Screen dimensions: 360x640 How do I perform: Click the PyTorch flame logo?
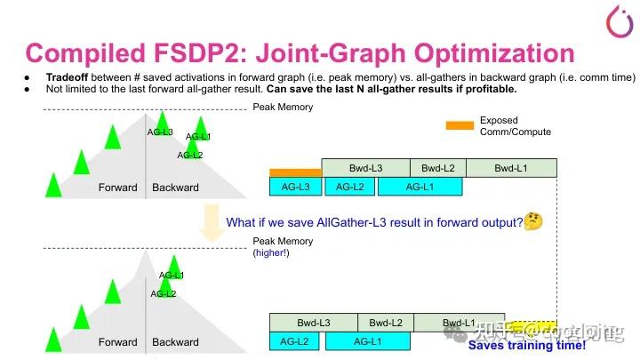[618, 20]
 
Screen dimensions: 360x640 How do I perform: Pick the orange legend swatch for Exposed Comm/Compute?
[460, 125]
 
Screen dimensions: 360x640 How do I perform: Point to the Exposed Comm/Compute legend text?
[515, 126]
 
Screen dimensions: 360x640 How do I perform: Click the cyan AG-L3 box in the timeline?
[295, 187]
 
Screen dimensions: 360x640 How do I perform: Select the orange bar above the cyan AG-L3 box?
[295, 172]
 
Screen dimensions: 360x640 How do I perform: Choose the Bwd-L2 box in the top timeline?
[437, 168]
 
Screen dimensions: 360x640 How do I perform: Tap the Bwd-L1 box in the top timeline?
[511, 168]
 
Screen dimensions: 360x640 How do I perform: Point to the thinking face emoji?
[533, 221]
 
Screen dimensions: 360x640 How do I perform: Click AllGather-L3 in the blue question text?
[356, 222]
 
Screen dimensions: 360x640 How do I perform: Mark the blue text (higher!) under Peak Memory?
[271, 253]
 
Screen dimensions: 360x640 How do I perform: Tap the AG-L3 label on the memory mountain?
[160, 132]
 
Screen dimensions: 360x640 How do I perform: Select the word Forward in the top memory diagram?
[117, 188]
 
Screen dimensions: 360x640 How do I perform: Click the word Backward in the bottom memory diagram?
[175, 342]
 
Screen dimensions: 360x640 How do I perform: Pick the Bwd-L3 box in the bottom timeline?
[313, 323]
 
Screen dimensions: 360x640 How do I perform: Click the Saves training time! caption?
[526, 347]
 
